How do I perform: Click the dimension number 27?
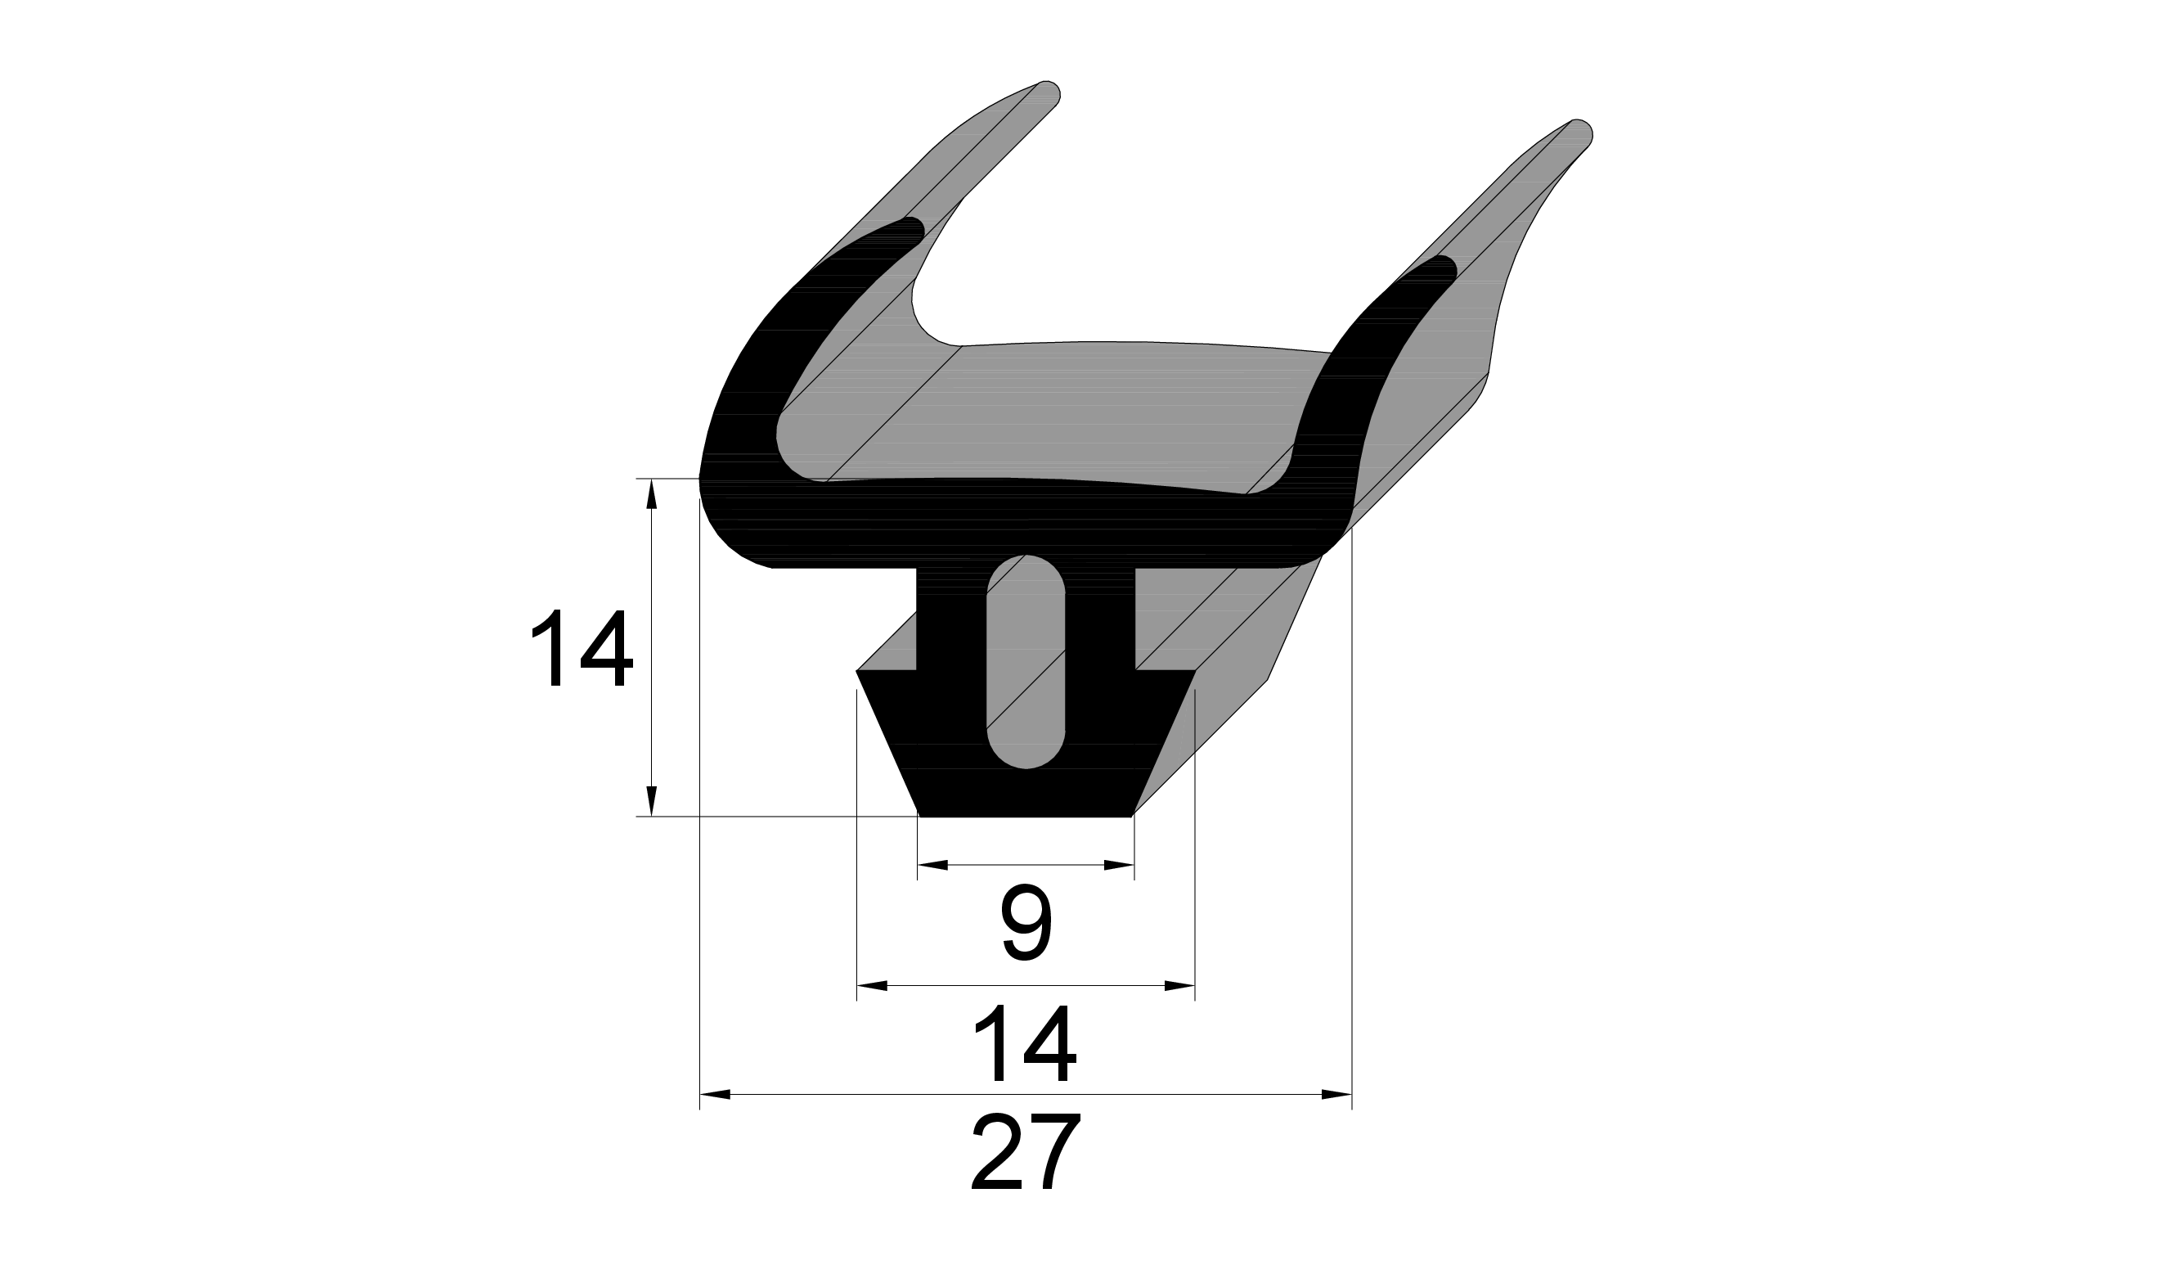(x=1026, y=1151)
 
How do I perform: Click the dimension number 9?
(x=1026, y=923)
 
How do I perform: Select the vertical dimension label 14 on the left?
(x=582, y=647)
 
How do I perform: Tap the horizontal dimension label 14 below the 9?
(x=1026, y=1042)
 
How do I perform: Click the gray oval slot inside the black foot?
(x=1026, y=662)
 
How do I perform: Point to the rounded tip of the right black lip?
(x=1445, y=267)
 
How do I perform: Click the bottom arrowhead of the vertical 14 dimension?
(x=652, y=801)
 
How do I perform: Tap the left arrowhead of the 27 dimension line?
(x=715, y=1095)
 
